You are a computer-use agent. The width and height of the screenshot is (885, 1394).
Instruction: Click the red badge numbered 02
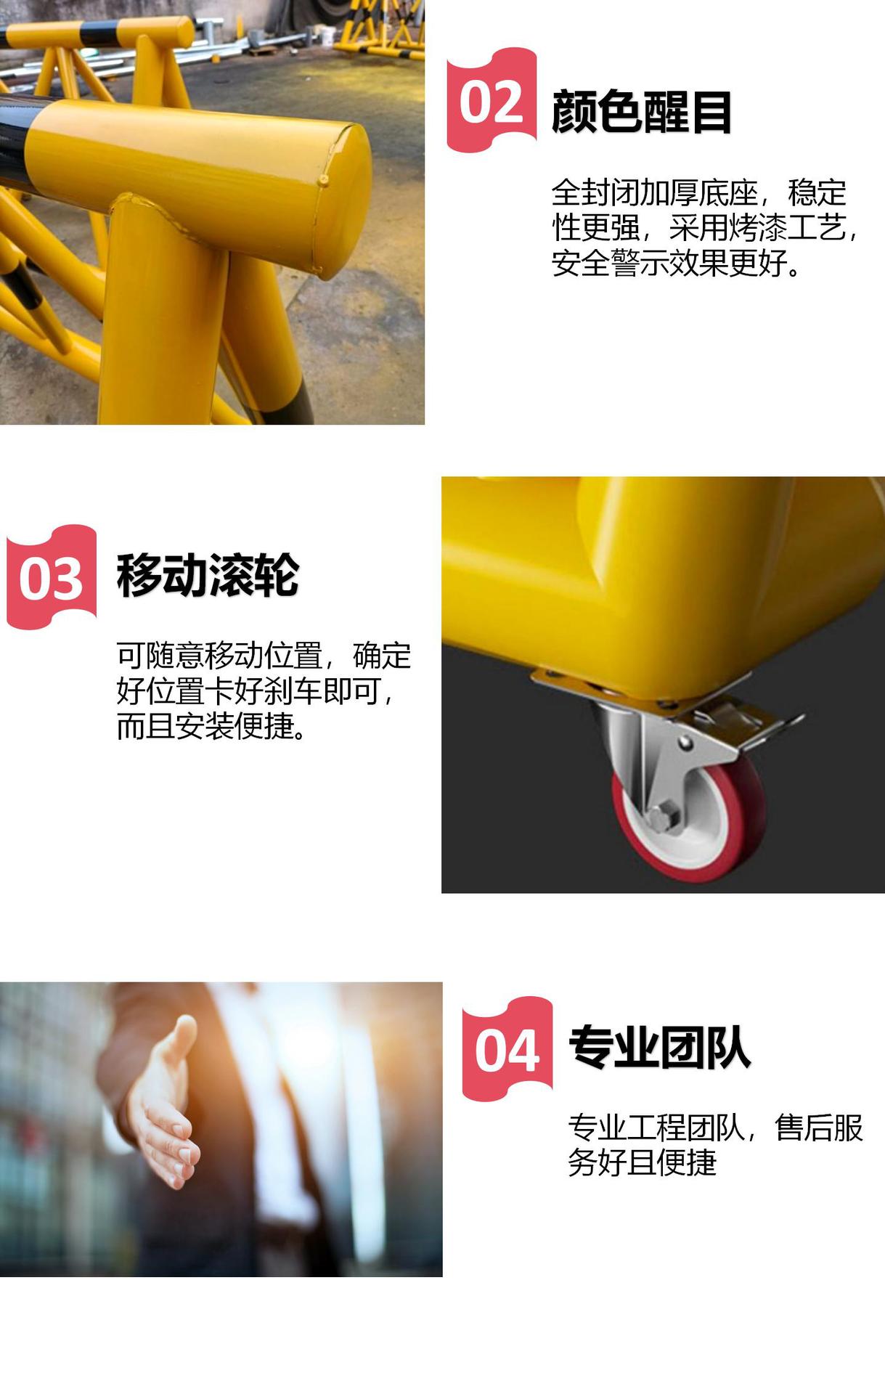(492, 102)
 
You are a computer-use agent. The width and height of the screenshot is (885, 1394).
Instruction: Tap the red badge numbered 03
(52, 578)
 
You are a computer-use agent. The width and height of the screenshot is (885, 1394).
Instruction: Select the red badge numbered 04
(507, 1050)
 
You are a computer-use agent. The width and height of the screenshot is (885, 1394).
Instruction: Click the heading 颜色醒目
(641, 112)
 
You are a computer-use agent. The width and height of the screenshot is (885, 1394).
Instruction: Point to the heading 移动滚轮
(208, 575)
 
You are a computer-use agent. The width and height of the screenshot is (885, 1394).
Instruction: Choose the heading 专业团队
(658, 1048)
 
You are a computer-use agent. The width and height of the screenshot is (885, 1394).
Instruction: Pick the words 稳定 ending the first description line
(817, 193)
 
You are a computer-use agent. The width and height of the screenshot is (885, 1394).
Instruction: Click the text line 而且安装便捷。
(213, 725)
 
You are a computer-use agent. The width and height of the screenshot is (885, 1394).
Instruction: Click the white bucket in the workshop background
(327, 36)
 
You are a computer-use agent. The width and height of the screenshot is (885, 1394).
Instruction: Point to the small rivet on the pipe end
(324, 179)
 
